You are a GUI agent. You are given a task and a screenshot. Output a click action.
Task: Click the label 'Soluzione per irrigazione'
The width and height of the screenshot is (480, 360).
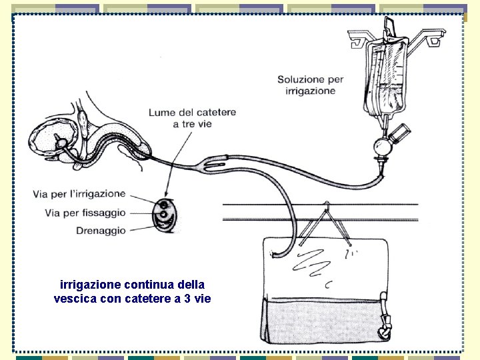point(310,85)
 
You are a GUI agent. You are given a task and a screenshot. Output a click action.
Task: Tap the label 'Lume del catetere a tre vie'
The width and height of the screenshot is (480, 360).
point(192,118)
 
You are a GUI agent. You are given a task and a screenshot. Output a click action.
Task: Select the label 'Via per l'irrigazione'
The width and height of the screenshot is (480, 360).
point(79,194)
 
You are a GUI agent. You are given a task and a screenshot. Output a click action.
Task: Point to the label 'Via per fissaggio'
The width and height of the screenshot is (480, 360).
point(85,213)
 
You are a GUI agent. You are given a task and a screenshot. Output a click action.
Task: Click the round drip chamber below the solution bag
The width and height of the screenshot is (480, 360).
point(383,145)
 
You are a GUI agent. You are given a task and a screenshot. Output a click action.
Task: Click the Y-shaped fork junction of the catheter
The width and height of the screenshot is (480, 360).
point(213,163)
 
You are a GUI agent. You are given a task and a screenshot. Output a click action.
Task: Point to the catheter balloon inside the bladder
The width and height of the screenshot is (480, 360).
point(60,142)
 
